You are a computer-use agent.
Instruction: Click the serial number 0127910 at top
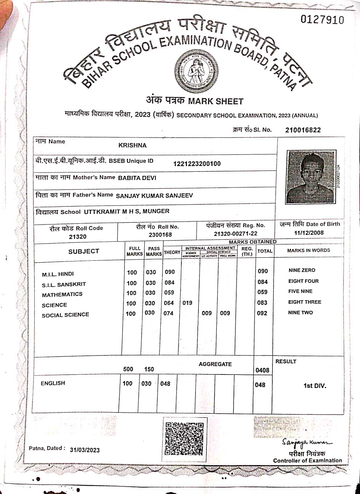coord(322,20)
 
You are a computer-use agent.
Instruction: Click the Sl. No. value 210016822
coord(303,130)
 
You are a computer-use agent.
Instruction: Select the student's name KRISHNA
coord(132,145)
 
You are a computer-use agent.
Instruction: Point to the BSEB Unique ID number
coord(197,164)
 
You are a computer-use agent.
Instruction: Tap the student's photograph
coord(310,177)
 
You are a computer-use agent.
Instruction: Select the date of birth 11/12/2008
coord(309,233)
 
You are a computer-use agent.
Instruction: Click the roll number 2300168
coord(160,235)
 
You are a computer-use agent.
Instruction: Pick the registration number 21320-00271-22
coord(235,234)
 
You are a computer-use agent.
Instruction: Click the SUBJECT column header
coord(83,251)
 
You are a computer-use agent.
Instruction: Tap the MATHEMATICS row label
coord(62,295)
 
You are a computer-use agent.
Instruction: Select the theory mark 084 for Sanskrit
coord(170,283)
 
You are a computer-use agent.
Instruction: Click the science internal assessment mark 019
coord(187,303)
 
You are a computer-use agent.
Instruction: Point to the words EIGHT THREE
coord(304,302)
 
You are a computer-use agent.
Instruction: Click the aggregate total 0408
coord(262,370)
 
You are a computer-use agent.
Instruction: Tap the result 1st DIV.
coord(315,386)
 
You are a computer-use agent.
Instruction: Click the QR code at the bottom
coord(184,438)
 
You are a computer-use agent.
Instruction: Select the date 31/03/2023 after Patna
coord(85,450)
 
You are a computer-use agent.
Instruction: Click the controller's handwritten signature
coord(307,443)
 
